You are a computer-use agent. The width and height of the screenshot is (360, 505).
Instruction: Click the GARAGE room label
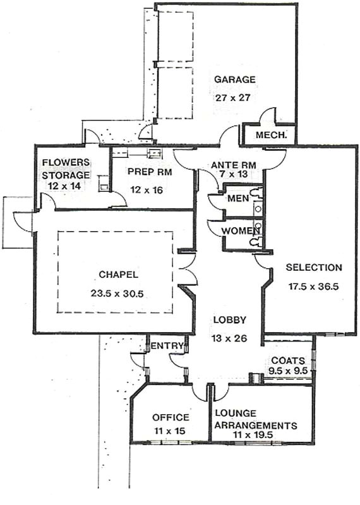[x=234, y=80]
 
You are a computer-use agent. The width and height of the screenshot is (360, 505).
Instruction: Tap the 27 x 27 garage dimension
[x=234, y=98]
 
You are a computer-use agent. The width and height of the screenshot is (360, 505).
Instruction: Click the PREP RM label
[x=146, y=171]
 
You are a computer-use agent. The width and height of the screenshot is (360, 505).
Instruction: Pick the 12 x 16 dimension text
[x=146, y=189]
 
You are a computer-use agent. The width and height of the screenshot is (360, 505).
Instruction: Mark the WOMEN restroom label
[x=236, y=230]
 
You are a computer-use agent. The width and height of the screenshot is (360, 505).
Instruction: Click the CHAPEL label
[x=118, y=275]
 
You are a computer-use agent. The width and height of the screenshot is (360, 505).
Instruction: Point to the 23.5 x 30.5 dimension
[x=118, y=293]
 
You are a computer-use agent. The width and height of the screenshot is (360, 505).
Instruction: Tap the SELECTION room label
[x=313, y=267]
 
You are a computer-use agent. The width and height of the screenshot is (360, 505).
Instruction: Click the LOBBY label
[x=229, y=319]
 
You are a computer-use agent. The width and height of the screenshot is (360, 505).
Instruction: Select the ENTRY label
[x=167, y=345]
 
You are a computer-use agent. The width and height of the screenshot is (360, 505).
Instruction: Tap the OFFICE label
[x=171, y=417]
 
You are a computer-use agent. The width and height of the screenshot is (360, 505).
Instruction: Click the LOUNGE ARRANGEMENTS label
[x=256, y=419]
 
